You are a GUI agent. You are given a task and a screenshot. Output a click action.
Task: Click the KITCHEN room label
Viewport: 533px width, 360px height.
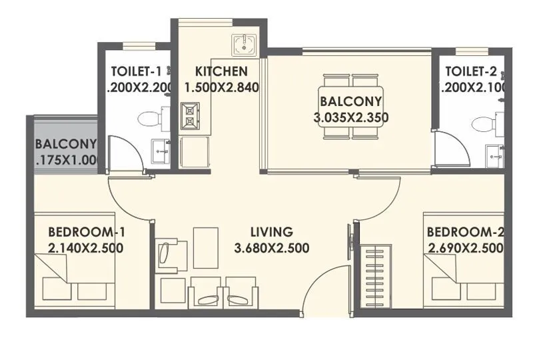pos(221,71)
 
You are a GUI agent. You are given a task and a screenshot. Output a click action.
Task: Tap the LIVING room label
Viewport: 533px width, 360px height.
pos(271,232)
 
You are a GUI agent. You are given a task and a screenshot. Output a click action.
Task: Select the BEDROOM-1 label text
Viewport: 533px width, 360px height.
pos(87,232)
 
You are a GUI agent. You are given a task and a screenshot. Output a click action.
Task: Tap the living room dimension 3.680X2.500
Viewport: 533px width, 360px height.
pos(271,248)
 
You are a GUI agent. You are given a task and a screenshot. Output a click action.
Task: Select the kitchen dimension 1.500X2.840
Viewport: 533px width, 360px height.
pos(221,87)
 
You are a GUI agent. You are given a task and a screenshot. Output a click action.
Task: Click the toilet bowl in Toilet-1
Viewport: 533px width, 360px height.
pos(150,120)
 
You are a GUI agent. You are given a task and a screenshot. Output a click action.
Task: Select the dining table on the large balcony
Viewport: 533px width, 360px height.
pos(350,107)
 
